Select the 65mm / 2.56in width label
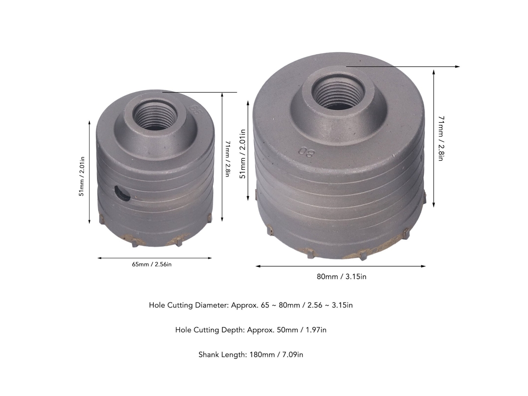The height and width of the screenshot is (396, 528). coord(151,264)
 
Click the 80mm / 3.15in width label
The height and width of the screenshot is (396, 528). coord(341,277)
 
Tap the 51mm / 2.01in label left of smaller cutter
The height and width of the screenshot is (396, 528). coord(82,176)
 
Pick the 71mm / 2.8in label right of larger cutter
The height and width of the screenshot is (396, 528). coord(441,138)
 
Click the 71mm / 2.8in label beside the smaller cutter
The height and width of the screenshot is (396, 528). coord(228,159)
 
